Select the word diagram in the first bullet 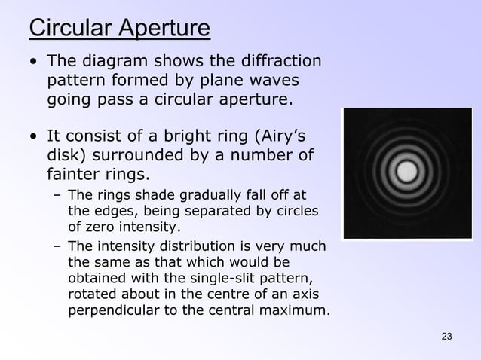tap(118, 61)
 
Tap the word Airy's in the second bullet tap(279, 138)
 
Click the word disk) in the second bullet tap(68, 157)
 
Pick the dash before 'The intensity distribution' tap(57, 247)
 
